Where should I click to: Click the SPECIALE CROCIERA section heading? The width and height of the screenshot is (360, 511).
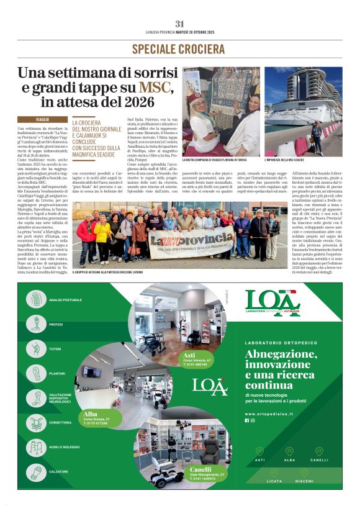pos(179,48)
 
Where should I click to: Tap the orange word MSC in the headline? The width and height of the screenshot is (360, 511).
pos(155,86)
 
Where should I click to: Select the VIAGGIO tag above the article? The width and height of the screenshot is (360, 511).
pos(42,118)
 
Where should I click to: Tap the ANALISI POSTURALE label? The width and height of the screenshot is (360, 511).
pos(65,300)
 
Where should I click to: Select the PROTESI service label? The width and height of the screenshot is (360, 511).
pos(56,324)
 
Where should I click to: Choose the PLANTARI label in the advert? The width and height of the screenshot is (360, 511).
pos(57,373)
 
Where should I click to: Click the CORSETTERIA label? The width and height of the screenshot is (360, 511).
pos(60,422)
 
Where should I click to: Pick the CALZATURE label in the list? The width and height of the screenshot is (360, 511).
pos(58,471)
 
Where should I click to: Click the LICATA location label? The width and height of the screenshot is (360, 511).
pos(274,481)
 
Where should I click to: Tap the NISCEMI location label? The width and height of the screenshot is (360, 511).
pos(304,481)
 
